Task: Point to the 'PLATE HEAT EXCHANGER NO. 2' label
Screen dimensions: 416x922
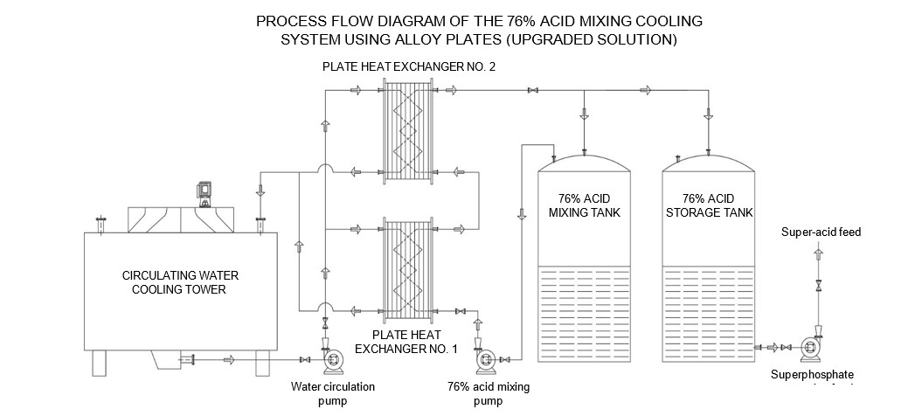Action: coord(409,66)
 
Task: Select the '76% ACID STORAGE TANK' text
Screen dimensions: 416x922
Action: coord(706,205)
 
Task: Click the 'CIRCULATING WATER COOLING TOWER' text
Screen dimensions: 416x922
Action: coord(180,281)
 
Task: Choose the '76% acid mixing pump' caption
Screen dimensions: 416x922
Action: coord(489,392)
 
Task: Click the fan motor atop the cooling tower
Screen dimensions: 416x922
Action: coord(205,192)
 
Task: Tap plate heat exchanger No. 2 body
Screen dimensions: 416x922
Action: coord(409,131)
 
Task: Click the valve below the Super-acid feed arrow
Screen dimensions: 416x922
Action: coord(818,286)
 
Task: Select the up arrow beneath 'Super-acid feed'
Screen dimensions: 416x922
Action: coord(818,253)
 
